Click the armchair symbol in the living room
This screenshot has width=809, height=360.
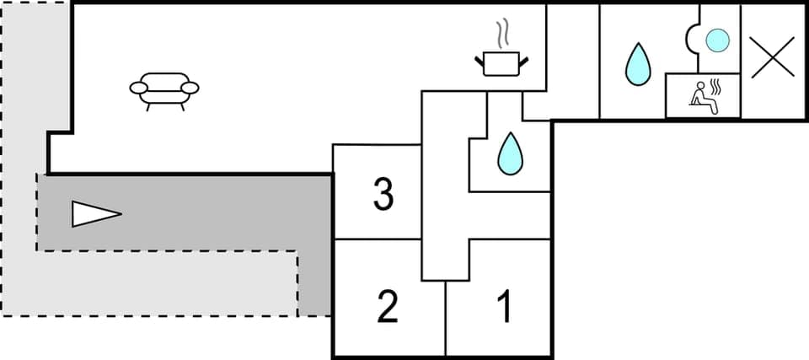click(x=164, y=88)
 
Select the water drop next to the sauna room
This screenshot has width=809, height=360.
click(x=638, y=64)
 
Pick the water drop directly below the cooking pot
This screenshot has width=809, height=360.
click(x=508, y=153)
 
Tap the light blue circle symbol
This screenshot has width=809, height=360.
click(x=716, y=40)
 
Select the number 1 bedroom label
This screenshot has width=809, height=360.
click(x=505, y=307)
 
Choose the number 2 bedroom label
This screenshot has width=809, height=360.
click(x=387, y=307)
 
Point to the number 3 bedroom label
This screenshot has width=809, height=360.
click(x=383, y=196)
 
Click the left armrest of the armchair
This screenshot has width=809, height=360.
click(x=139, y=87)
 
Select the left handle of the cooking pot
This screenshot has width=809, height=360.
click(x=480, y=59)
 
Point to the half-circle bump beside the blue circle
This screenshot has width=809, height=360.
click(x=694, y=39)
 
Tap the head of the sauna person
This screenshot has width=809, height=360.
click(x=699, y=86)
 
